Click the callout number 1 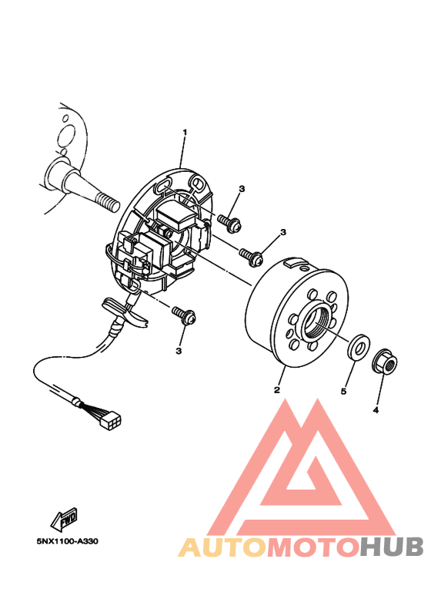(x=185, y=133)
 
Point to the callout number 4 (x=376, y=410)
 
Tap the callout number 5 (x=344, y=392)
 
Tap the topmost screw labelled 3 (x=229, y=222)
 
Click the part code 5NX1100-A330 (x=67, y=540)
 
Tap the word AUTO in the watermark (x=222, y=547)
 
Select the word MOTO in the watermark (x=312, y=547)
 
